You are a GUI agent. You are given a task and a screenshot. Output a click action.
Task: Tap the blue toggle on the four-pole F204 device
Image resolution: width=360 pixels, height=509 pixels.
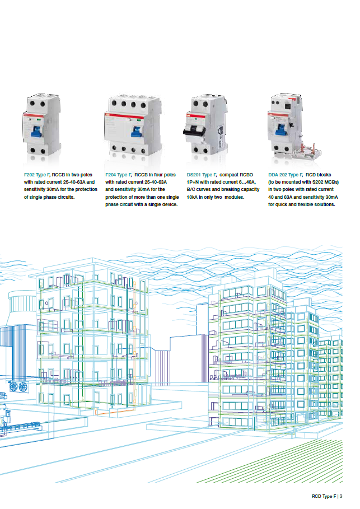pos(135,130)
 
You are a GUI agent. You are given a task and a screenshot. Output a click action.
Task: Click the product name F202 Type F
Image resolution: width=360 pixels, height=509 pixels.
pos(37,175)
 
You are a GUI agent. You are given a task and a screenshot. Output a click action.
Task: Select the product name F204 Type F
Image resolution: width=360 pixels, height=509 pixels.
pos(119,175)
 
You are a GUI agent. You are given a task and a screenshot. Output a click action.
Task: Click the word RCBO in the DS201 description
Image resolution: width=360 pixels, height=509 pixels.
pos(249,175)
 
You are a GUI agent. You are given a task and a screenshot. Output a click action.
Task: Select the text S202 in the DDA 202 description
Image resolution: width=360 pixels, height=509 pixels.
pos(314,182)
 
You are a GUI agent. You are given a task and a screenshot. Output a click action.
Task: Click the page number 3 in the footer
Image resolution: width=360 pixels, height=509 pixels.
pos(341,496)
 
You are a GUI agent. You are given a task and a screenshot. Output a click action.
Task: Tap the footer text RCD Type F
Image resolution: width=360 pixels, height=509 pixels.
pos(324,496)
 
